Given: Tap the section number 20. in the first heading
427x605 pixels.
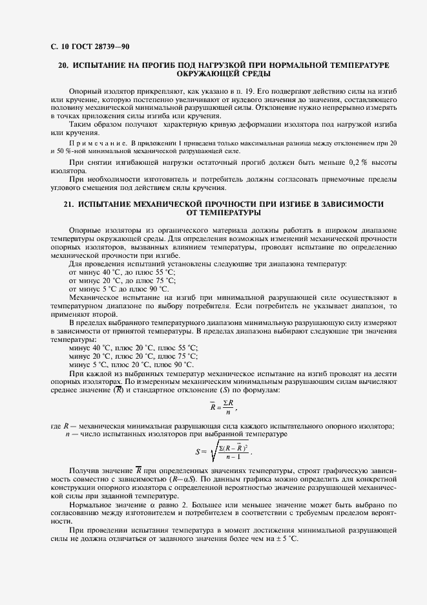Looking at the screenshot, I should (63, 66).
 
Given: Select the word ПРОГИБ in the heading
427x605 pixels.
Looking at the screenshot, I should (148, 66).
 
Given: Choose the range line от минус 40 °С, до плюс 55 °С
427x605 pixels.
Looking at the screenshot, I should (121, 273).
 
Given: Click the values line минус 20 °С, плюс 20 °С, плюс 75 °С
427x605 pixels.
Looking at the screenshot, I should (133, 356).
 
